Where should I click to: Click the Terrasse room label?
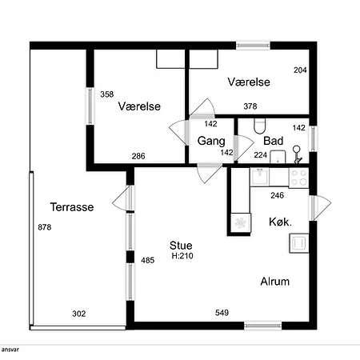point(72,207)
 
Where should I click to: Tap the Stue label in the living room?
point(181,246)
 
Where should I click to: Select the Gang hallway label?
point(211,141)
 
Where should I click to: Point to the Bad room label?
point(273,141)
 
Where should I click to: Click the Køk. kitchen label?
point(280,222)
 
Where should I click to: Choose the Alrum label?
point(275,282)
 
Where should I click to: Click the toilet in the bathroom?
point(259,126)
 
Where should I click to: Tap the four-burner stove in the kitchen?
point(299,178)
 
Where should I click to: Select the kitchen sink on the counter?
point(259,177)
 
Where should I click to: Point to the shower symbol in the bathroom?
point(297,154)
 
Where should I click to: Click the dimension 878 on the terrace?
point(45,227)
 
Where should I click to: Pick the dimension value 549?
point(222,313)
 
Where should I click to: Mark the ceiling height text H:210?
point(182,256)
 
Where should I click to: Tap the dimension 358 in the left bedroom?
point(107,94)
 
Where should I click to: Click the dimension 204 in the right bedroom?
point(300,70)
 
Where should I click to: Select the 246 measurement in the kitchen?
point(278,195)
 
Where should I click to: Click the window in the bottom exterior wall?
point(263,326)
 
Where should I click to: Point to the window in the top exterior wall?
point(253,46)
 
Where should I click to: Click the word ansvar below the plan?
point(10,350)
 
